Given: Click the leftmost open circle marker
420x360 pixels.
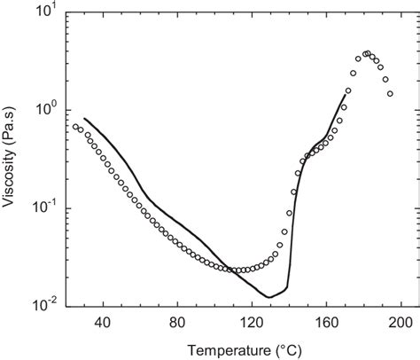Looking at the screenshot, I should point(75,127).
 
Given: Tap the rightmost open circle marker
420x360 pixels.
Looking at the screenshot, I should point(389,93).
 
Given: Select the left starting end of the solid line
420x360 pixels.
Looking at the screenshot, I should point(84,118).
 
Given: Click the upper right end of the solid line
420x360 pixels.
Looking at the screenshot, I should point(346,94).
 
